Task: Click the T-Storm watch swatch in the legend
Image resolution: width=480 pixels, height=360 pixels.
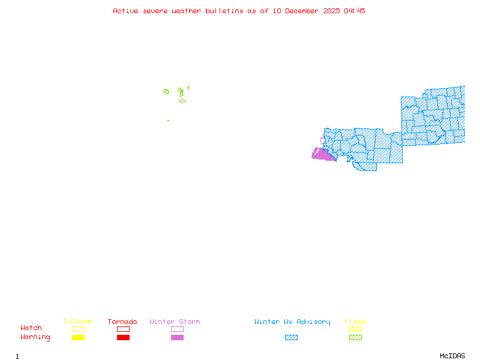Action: coord(78,329)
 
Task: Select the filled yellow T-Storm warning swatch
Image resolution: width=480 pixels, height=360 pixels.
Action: coord(78,338)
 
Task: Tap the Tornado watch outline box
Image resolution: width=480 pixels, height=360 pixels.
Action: coord(123,329)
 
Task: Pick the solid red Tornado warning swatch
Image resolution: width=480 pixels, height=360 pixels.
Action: coord(123,338)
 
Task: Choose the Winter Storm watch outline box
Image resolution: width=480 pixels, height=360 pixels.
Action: coord(177,329)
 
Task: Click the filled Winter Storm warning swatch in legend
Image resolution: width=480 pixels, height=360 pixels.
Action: coord(177,338)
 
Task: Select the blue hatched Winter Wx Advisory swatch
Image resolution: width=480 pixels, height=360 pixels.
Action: coord(291,338)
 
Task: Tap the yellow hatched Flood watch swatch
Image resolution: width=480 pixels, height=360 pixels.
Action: coord(355,329)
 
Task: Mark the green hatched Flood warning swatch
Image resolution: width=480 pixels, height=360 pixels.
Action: coord(355,338)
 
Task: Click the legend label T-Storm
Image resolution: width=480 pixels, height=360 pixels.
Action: coord(77,322)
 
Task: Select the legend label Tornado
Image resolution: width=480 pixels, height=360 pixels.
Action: coord(122,322)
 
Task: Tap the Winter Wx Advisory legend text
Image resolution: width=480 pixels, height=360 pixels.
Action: coord(292,322)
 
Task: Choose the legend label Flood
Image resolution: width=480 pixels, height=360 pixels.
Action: coord(355,322)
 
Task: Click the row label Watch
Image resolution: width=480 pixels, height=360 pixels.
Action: coord(31,328)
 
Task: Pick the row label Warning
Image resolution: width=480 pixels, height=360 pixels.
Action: coord(35,337)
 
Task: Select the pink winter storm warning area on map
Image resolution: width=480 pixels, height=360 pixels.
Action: coord(323,155)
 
